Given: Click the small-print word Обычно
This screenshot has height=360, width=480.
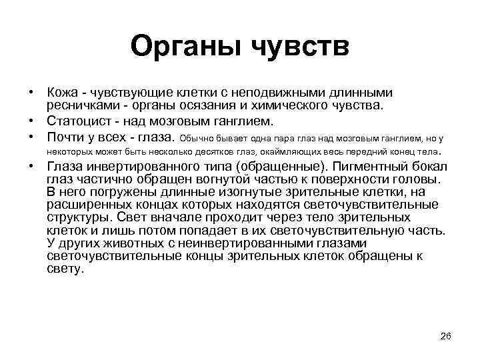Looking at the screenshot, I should pos(197,139).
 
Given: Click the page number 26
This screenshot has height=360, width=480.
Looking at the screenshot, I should pos(446,335).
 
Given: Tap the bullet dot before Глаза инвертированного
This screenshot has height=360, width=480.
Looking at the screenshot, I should pos(31,168).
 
